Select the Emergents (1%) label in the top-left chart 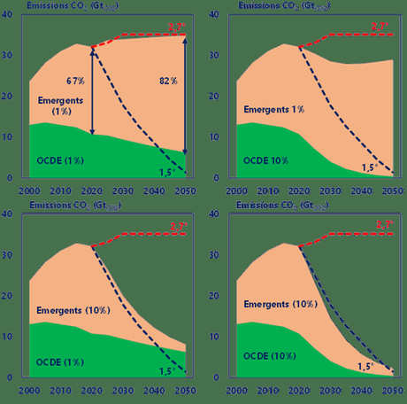pyautogui.click(x=63, y=106)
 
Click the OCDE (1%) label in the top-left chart pyautogui.click(x=59, y=160)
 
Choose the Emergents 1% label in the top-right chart pyautogui.click(x=273, y=110)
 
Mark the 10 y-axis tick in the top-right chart pyautogui.click(x=221, y=137)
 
